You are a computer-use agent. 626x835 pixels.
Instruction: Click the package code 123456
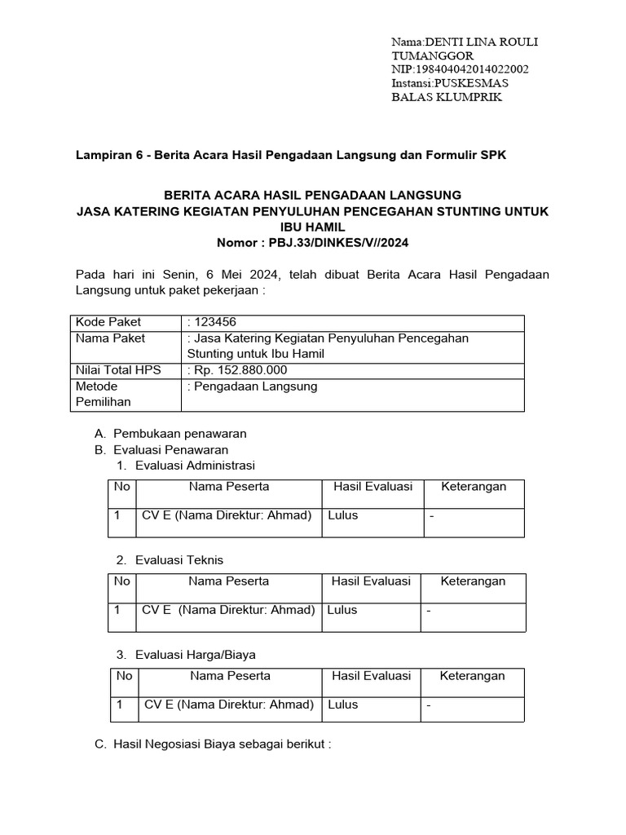(x=214, y=322)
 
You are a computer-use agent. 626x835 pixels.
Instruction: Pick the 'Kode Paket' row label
(x=103, y=322)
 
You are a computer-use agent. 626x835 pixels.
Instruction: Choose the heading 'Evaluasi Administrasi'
(x=195, y=466)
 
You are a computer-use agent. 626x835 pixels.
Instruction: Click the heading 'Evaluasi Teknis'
(x=179, y=560)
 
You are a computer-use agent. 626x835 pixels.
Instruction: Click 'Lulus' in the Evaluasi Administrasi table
(x=342, y=515)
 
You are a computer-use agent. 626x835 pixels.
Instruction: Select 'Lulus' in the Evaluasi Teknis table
(x=342, y=610)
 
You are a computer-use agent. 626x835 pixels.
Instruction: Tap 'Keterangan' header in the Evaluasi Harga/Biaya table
(x=472, y=675)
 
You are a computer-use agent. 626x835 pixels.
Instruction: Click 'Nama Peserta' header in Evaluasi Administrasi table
(x=229, y=486)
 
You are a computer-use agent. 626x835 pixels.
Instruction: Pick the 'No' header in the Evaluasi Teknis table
(x=122, y=581)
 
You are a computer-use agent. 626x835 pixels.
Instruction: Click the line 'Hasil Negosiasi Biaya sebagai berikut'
(x=222, y=744)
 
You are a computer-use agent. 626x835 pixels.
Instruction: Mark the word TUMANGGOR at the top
(x=432, y=55)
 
